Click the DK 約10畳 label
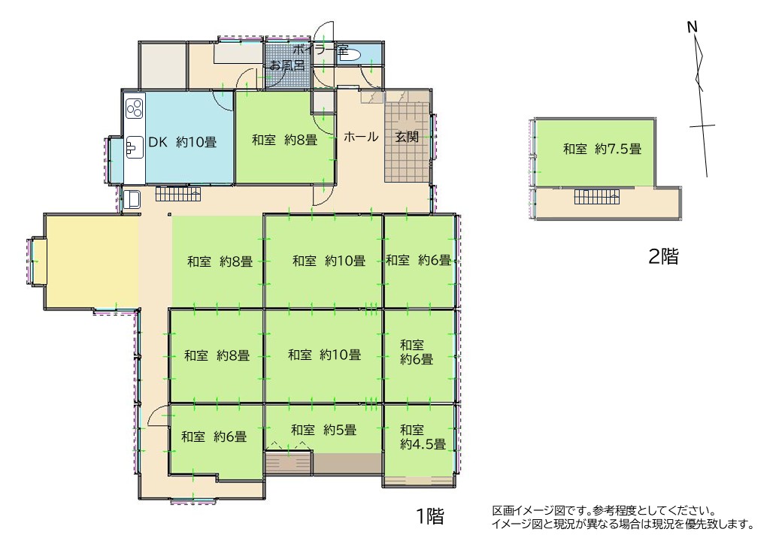point(183,143)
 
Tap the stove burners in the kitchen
point(135,109)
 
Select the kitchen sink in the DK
point(134,147)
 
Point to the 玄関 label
point(407,137)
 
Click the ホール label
point(361,137)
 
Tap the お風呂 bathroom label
point(287,65)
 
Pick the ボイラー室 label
point(320,50)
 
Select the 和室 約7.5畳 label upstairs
point(602,149)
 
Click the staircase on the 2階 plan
point(597,197)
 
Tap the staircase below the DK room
point(178,194)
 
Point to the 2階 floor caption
point(663,256)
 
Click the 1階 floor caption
point(430,516)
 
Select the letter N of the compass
point(693,27)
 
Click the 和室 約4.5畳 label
point(423,437)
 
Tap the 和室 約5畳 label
point(323,429)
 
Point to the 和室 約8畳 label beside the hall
point(284,140)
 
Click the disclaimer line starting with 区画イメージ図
point(604,511)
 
